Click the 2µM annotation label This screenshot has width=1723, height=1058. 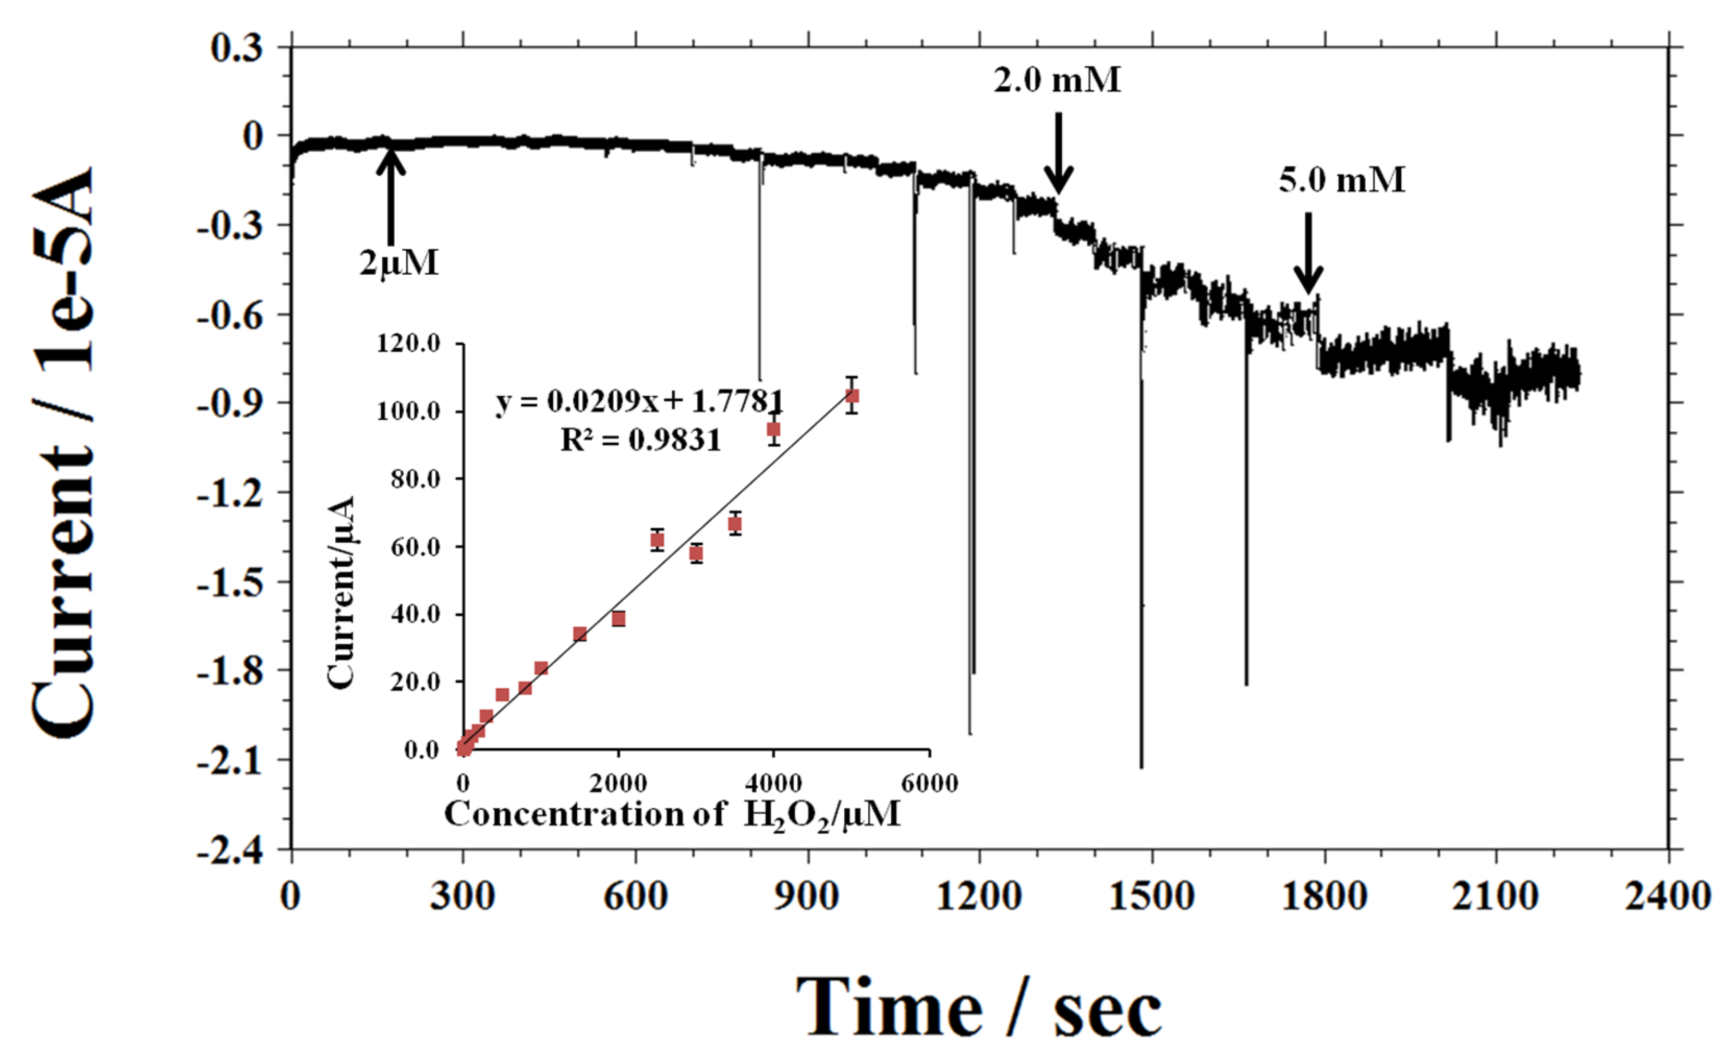pos(399,263)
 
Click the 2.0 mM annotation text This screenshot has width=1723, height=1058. pos(1058,80)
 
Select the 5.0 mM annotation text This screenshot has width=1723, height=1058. pos(1342,180)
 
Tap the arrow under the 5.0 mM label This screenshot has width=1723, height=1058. pos(1307,252)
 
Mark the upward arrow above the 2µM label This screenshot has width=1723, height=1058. pos(391,196)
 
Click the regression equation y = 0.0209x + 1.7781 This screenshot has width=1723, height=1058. pos(640,401)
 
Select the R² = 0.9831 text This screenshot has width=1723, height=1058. pos(640,440)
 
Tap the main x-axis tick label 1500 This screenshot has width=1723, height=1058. pos(1151,896)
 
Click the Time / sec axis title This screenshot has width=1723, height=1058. pos(978,1007)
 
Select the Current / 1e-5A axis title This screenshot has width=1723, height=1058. pos(63,452)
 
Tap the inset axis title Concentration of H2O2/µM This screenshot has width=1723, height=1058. pos(671,814)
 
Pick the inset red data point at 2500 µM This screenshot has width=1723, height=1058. pos(657,540)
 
